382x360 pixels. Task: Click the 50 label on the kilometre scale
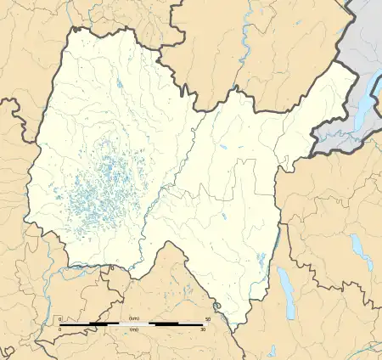pos(208,318)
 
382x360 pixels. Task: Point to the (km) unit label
pos(133,318)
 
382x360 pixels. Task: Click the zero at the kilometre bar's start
pos(59,318)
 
